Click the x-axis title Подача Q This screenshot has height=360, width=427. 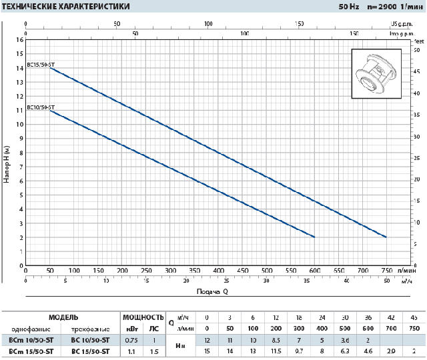(213, 291)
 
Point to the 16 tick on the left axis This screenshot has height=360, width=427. (19, 40)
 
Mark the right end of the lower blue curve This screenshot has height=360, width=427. (314, 237)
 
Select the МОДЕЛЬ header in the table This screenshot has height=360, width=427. (63, 317)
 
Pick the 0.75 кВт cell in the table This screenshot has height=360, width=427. (132, 340)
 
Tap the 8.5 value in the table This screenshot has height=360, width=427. (276, 340)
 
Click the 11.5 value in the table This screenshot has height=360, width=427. (276, 351)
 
